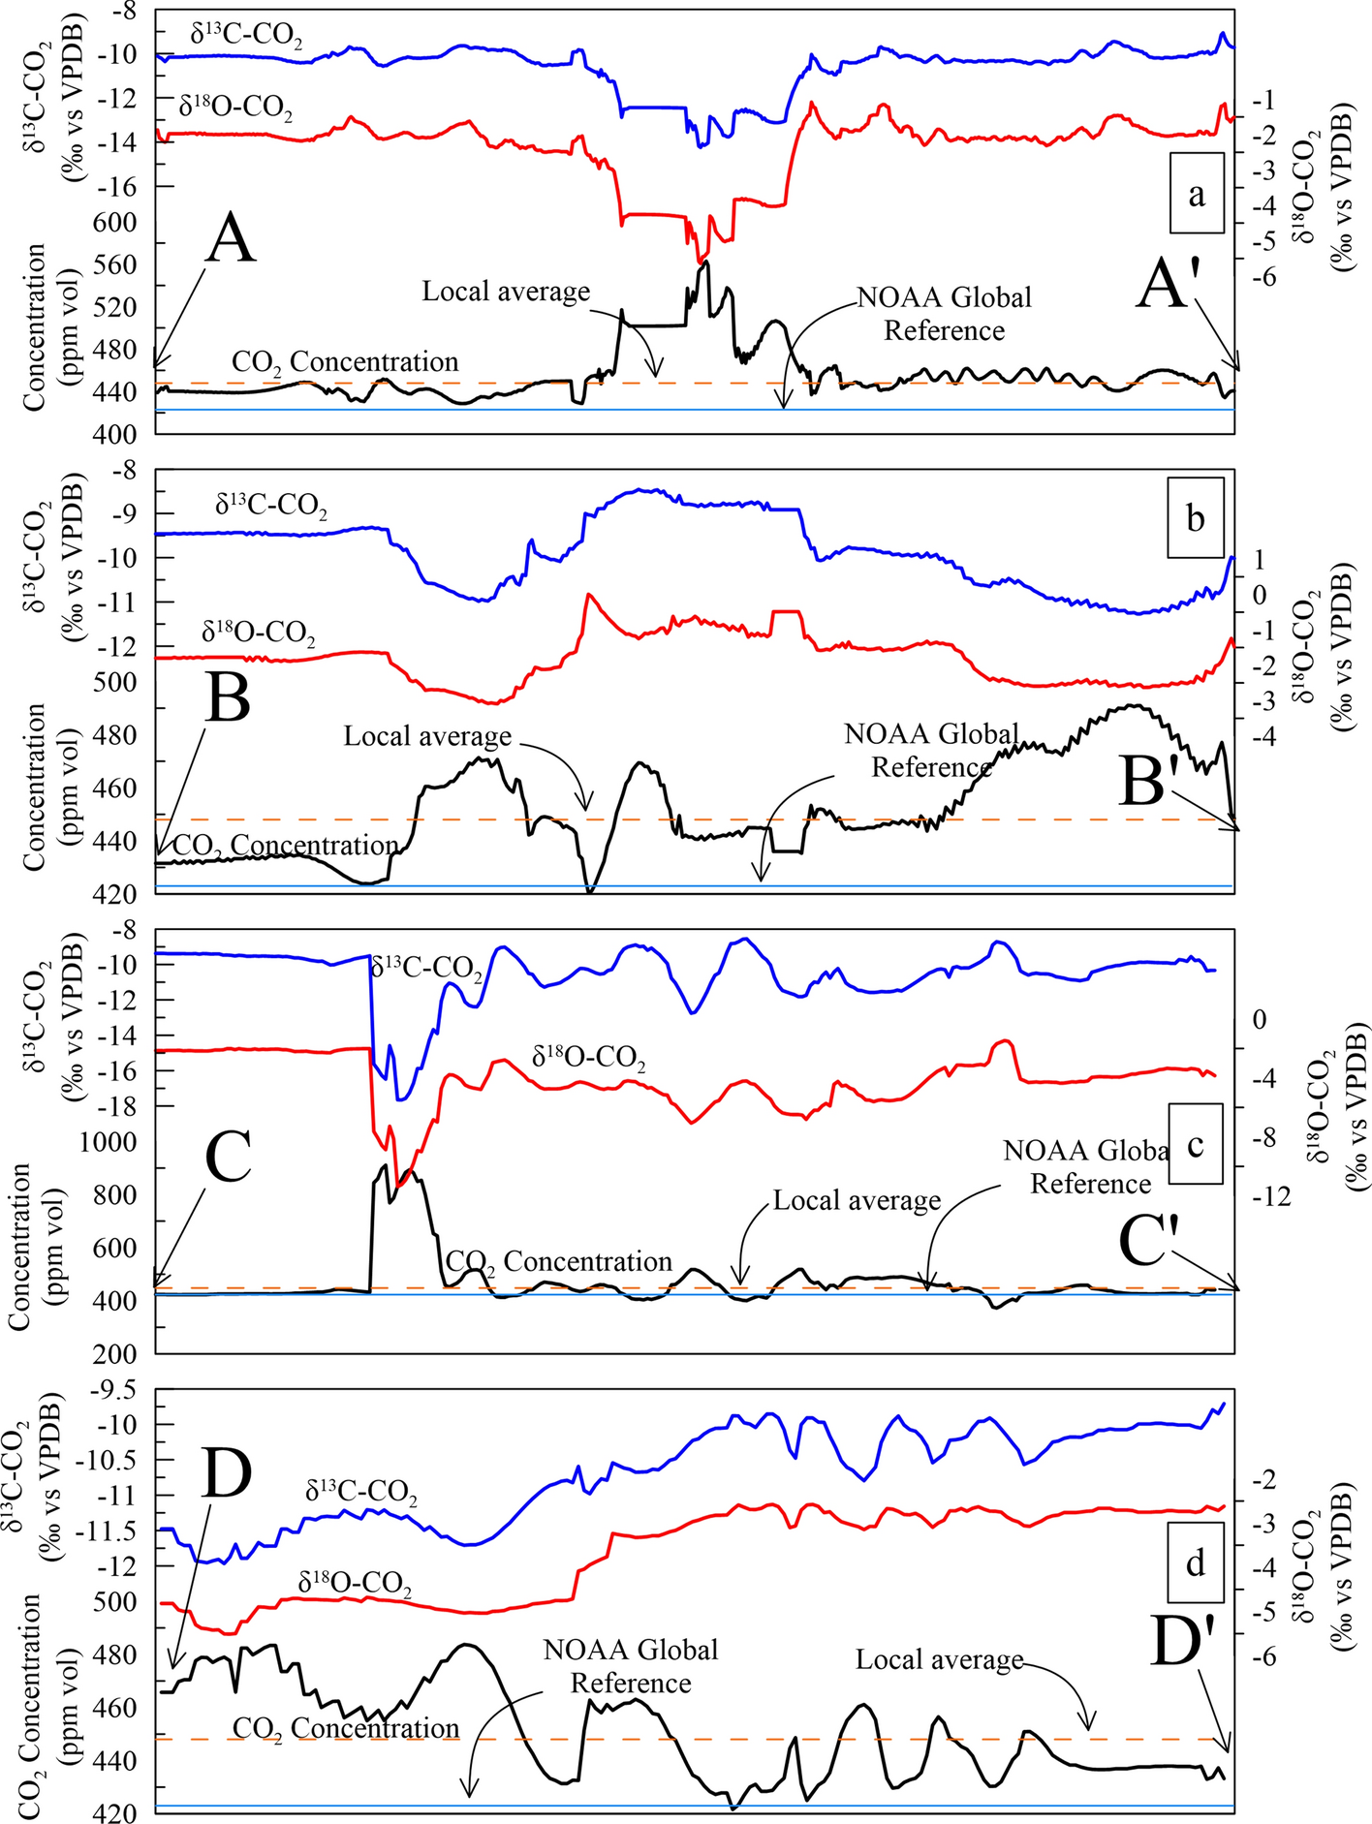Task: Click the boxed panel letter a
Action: (x=1197, y=194)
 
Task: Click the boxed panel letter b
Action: (x=1197, y=517)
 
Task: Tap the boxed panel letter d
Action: (x=1197, y=1562)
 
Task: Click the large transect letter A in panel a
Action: (x=231, y=239)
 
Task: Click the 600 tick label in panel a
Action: (x=114, y=222)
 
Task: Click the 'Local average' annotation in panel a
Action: (x=506, y=292)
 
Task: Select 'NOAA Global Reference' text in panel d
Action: (x=631, y=1666)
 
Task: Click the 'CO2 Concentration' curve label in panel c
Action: (x=558, y=1262)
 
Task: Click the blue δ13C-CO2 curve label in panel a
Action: (x=246, y=36)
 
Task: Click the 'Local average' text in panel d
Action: (x=939, y=1660)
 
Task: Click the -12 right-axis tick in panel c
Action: (x=1271, y=1198)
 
